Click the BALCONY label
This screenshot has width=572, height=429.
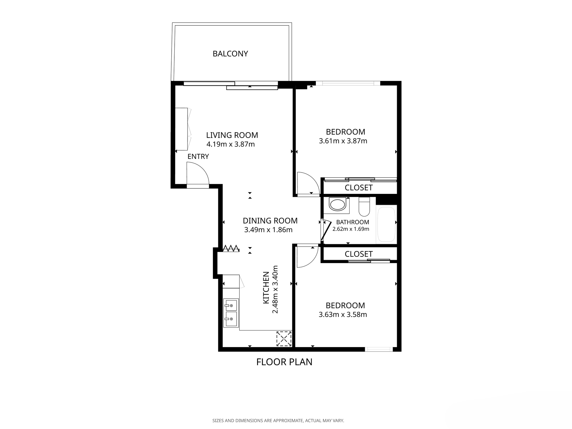coord(230,54)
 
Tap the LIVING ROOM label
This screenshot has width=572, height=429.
coord(232,135)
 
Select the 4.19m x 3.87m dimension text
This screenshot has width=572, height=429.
coord(231,144)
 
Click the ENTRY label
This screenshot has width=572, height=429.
coord(198,157)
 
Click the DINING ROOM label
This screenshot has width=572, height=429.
coord(270,221)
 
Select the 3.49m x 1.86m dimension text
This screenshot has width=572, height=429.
coord(268,230)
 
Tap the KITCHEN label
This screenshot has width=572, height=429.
coord(266,288)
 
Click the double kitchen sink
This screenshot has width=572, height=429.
coord(231,313)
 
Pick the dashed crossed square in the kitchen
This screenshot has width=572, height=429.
coord(284,338)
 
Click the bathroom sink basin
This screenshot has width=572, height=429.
coord(337,205)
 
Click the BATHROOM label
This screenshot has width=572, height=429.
coord(353,222)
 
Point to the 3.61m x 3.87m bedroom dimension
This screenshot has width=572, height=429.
coord(343,141)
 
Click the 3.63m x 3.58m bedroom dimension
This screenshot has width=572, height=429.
coord(343,315)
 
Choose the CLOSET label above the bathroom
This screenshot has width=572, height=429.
coord(359,188)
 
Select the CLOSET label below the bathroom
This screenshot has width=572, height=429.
coord(359,254)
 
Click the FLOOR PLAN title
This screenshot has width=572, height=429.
coord(284,362)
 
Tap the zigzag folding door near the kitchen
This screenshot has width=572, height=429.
coord(231,248)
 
